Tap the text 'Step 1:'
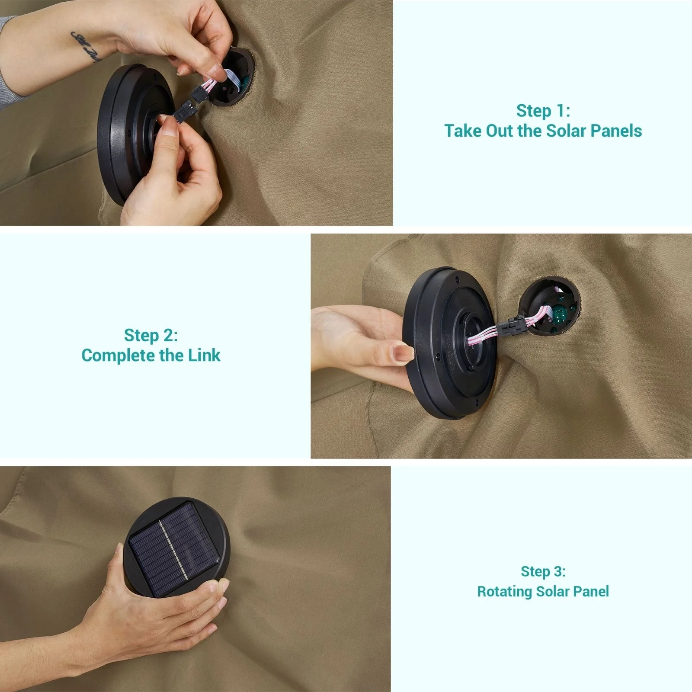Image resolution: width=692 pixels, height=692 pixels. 543,111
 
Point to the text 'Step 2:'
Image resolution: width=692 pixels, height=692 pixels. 151,336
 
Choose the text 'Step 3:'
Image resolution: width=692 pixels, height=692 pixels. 543,571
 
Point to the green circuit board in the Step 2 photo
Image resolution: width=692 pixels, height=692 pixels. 559,314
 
